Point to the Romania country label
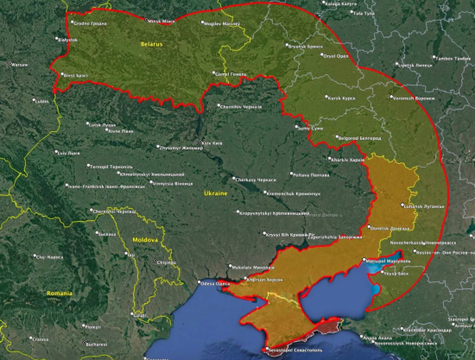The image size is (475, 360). (x=60, y=294)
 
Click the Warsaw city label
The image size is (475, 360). (x=18, y=64)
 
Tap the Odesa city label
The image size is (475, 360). (x=217, y=282)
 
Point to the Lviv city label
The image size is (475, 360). (x=68, y=153)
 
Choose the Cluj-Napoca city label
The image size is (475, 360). (x=49, y=256)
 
